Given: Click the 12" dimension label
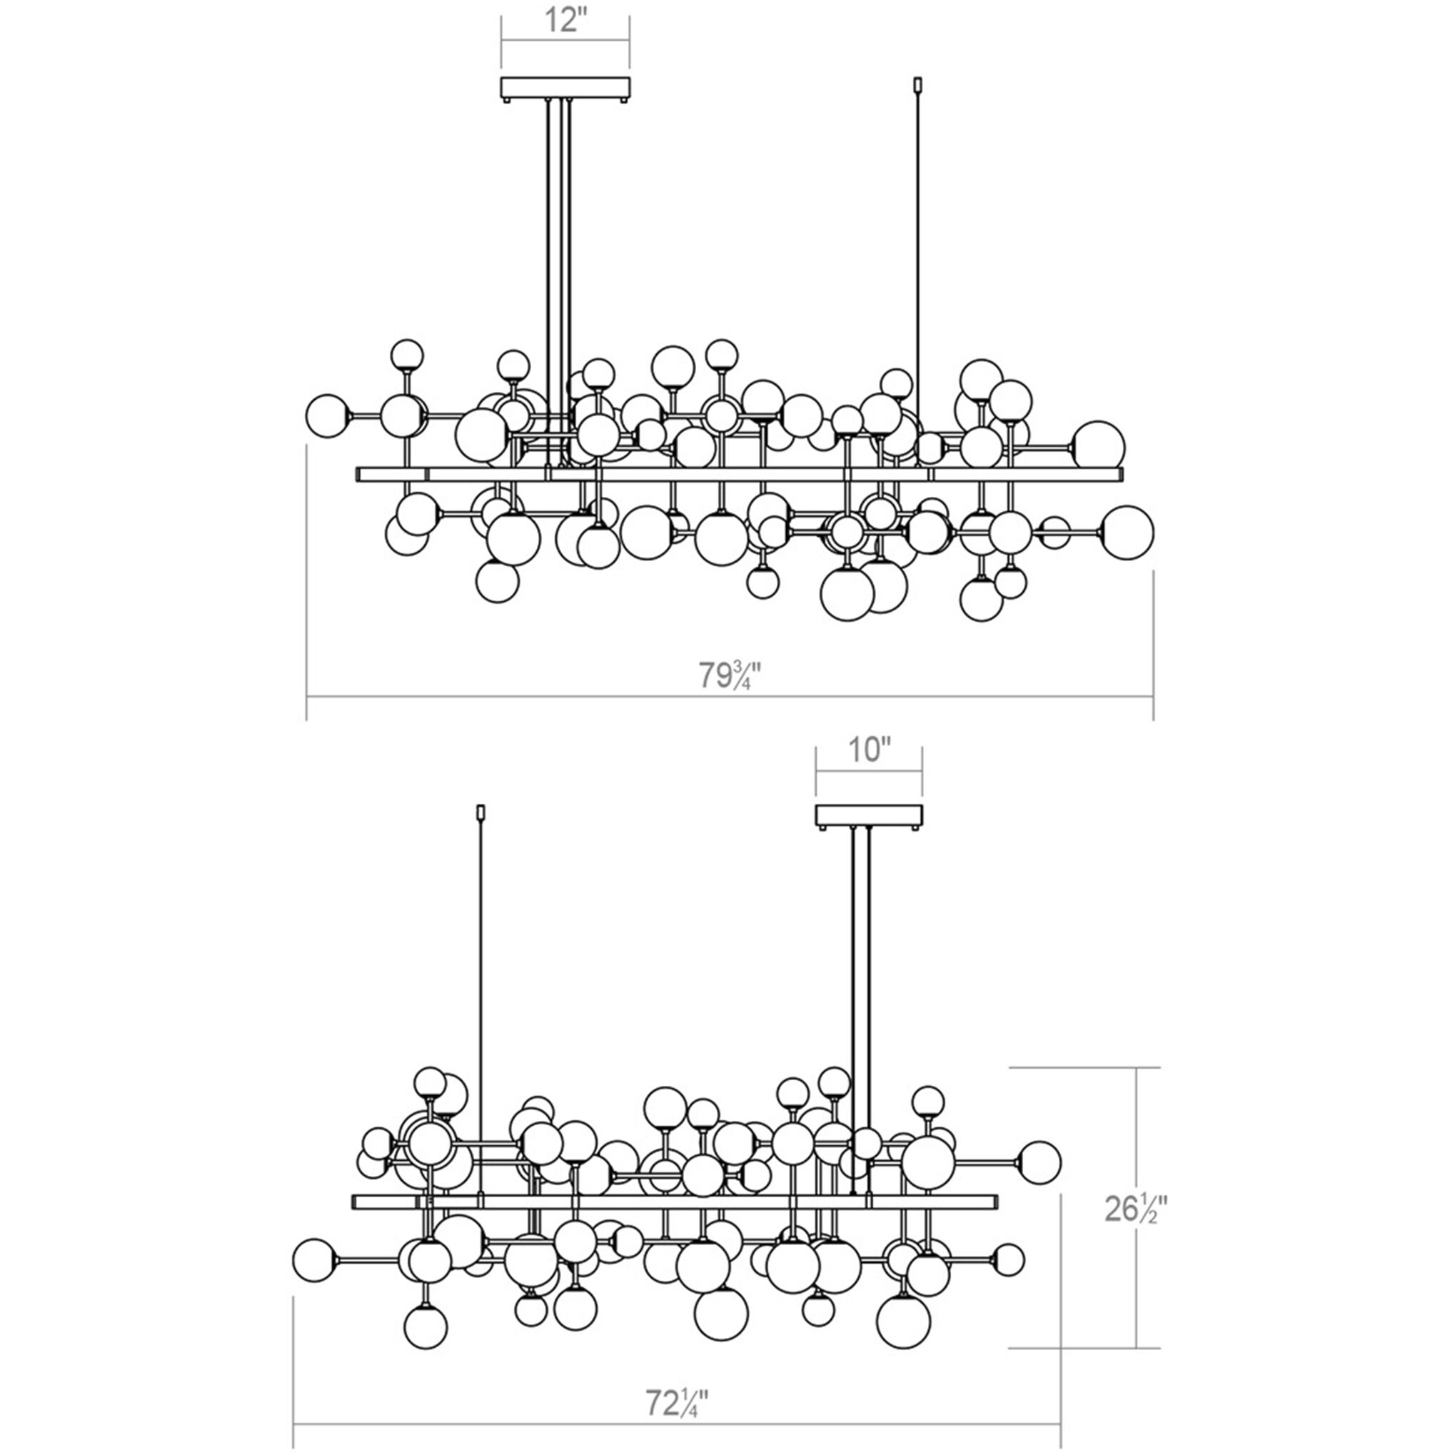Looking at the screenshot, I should click(x=565, y=20).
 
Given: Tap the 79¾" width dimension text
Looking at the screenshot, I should click(x=729, y=675).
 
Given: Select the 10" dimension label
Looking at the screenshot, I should click(x=868, y=750).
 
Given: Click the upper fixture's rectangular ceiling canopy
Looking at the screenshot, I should click(x=565, y=88).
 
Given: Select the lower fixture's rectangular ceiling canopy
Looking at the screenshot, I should click(x=869, y=814).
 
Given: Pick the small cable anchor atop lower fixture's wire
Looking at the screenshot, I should click(x=482, y=812).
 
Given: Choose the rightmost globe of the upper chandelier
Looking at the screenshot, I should click(x=1127, y=532).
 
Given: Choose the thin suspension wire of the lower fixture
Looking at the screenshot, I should click(x=482, y=979).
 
